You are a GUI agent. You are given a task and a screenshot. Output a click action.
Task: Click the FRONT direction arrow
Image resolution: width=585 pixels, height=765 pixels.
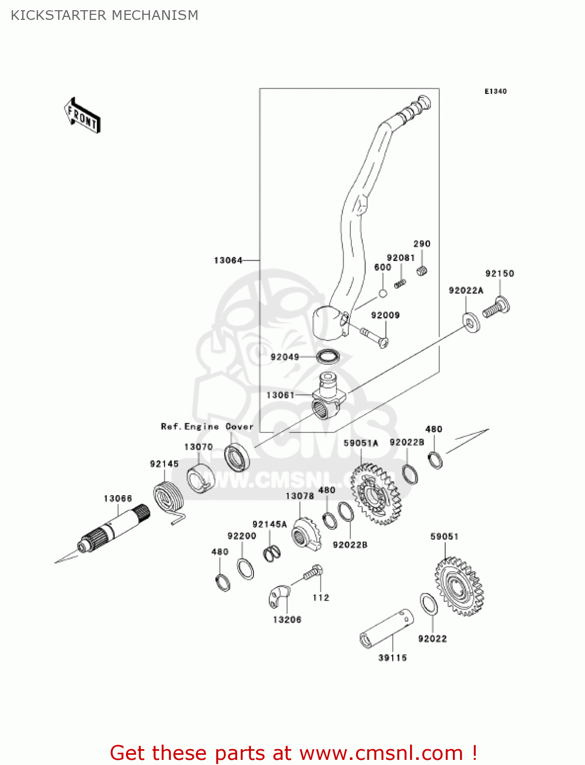[x=82, y=116]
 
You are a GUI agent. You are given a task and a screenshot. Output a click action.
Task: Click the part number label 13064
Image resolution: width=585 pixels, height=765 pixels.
[x=228, y=261]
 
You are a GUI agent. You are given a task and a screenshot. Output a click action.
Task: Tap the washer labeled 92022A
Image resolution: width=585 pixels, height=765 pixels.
[x=471, y=322]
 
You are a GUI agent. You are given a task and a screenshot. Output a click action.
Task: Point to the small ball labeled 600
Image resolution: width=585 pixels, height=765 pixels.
[x=383, y=294]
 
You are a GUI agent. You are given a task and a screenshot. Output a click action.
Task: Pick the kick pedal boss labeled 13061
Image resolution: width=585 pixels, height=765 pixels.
[x=328, y=397]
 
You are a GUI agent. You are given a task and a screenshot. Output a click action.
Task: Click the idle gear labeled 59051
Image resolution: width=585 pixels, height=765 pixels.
[x=459, y=586]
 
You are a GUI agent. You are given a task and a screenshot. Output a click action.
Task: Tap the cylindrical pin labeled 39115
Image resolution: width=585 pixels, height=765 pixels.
[x=387, y=628]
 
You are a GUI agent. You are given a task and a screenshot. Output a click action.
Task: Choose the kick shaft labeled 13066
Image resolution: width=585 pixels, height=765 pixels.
[x=115, y=528]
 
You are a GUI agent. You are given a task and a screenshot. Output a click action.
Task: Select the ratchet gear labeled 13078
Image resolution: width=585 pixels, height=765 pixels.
[x=306, y=534]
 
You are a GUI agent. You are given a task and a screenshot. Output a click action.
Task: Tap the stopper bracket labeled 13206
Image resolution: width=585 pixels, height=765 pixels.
[x=278, y=596]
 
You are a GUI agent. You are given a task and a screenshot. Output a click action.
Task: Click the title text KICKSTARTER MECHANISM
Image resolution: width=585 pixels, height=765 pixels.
[x=105, y=15]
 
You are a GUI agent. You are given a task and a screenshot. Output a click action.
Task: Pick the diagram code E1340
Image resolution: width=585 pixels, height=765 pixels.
[x=495, y=91]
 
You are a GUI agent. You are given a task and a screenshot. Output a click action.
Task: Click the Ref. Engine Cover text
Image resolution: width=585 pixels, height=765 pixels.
[x=207, y=427]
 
